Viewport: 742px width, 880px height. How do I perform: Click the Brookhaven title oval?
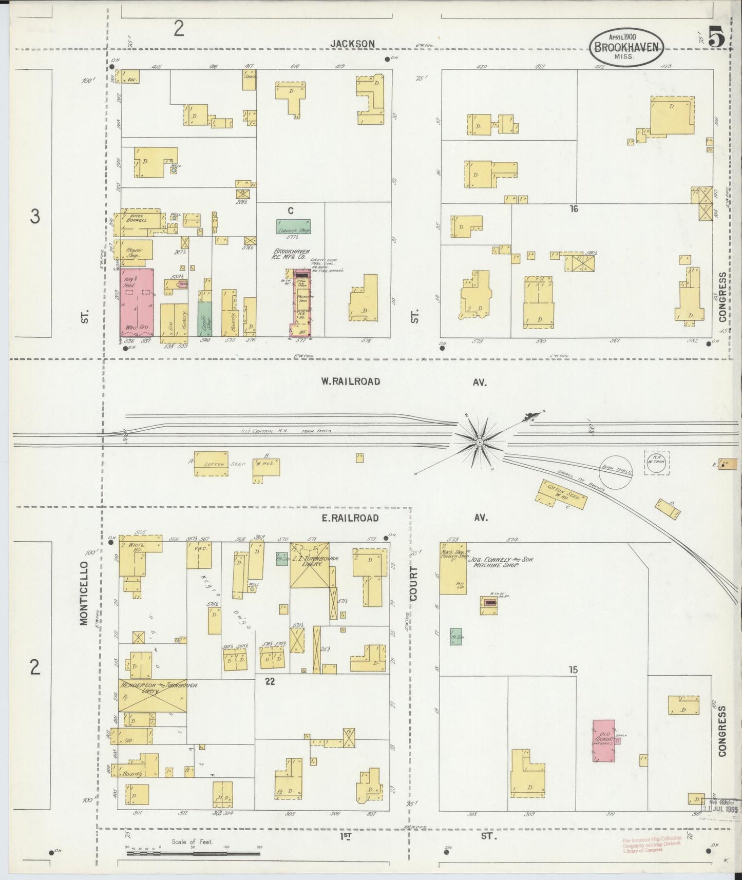(x=625, y=47)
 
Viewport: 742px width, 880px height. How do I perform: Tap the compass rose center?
(x=479, y=442)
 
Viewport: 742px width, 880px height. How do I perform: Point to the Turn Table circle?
(x=615, y=471)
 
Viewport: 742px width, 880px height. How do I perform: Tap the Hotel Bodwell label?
(x=138, y=218)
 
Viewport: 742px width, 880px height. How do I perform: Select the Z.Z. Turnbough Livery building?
(x=310, y=565)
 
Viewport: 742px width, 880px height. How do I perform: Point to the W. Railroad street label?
(x=351, y=381)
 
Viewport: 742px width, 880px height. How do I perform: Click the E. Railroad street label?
(x=350, y=518)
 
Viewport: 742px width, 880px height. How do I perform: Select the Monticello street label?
(x=84, y=592)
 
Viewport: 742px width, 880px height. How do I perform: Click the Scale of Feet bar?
(x=194, y=853)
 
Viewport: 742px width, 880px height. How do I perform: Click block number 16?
(x=574, y=208)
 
